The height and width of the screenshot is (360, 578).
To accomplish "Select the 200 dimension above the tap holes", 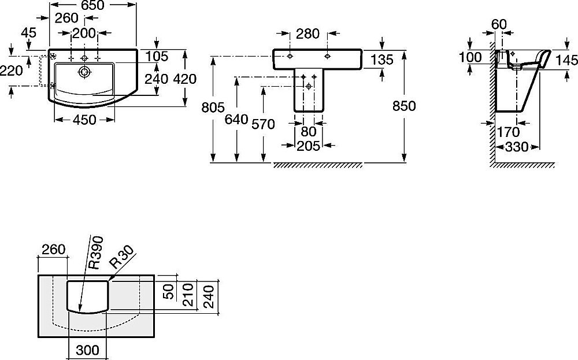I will (x=84, y=34).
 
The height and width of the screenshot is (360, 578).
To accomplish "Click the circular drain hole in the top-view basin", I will (x=84, y=72).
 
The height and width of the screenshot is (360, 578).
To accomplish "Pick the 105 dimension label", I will (x=157, y=56).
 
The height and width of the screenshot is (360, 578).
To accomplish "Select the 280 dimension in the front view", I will (x=307, y=34).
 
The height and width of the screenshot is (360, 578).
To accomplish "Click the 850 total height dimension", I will (x=402, y=106).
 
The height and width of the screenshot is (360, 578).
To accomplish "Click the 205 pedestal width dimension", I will (x=308, y=146).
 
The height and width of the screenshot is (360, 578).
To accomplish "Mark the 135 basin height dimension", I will (x=381, y=60).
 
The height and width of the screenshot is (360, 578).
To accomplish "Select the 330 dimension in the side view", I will (x=516, y=147).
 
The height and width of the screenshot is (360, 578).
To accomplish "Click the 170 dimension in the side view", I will (x=508, y=132).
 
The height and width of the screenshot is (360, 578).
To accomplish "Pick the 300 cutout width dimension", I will (x=86, y=350).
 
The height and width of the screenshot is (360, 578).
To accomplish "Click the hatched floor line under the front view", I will (x=317, y=165).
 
